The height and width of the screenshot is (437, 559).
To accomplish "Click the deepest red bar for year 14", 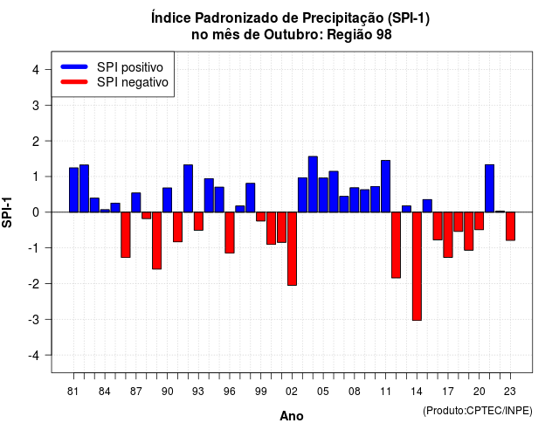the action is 417,266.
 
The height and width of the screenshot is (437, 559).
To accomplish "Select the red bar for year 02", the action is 292,248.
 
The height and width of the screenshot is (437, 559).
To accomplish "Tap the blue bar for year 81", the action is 73,190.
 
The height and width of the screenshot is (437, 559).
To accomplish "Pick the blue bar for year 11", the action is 386,186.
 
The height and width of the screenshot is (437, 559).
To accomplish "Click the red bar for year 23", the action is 510,226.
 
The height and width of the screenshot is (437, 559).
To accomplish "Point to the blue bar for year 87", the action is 136,202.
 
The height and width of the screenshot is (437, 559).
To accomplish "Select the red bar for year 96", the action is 230,232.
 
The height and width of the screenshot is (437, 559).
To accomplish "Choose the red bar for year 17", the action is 448,235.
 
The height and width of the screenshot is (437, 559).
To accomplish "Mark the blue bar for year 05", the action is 323,195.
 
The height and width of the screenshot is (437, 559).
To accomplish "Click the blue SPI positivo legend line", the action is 74,66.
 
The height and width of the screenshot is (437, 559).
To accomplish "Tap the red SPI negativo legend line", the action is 74,82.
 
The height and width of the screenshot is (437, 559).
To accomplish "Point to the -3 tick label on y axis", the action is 35,320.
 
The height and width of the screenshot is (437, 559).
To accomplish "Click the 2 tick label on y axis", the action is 36,142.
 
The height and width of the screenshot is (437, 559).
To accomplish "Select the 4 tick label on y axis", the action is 36,70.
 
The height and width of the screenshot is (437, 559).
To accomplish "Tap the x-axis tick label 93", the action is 198,392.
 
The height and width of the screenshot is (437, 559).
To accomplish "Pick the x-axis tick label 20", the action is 480,392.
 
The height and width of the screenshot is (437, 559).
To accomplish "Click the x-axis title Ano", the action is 292,416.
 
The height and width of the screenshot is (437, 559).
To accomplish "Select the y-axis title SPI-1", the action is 7,212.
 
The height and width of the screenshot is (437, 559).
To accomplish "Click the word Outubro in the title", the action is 293,35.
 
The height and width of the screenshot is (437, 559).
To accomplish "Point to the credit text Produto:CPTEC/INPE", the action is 478,411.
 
